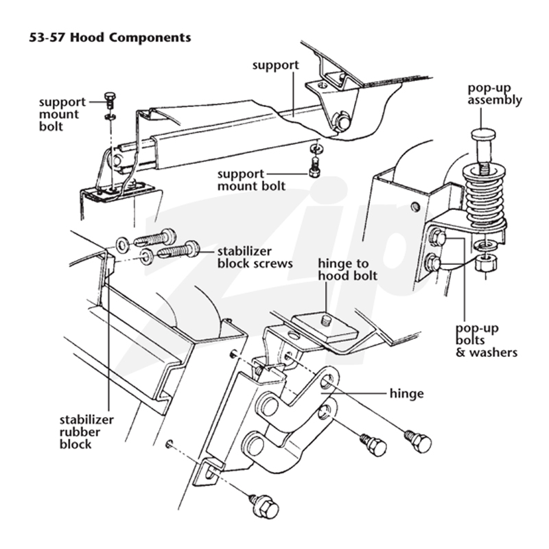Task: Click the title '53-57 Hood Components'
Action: [110, 38]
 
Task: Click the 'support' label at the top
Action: [276, 65]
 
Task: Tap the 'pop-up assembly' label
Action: [495, 94]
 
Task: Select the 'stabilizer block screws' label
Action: [255, 257]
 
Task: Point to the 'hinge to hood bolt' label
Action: [348, 270]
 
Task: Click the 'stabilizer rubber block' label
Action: [86, 432]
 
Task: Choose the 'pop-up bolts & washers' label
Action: [487, 340]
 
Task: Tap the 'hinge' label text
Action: [406, 393]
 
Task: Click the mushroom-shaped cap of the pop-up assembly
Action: [483, 134]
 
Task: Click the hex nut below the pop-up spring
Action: [486, 263]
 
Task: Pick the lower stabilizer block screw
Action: [178, 250]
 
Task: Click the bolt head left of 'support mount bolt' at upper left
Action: [110, 100]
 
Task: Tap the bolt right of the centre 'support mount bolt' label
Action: [315, 167]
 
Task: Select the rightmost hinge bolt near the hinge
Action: [418, 441]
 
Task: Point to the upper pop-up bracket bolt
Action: [438, 237]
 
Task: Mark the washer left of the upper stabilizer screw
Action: [122, 244]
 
